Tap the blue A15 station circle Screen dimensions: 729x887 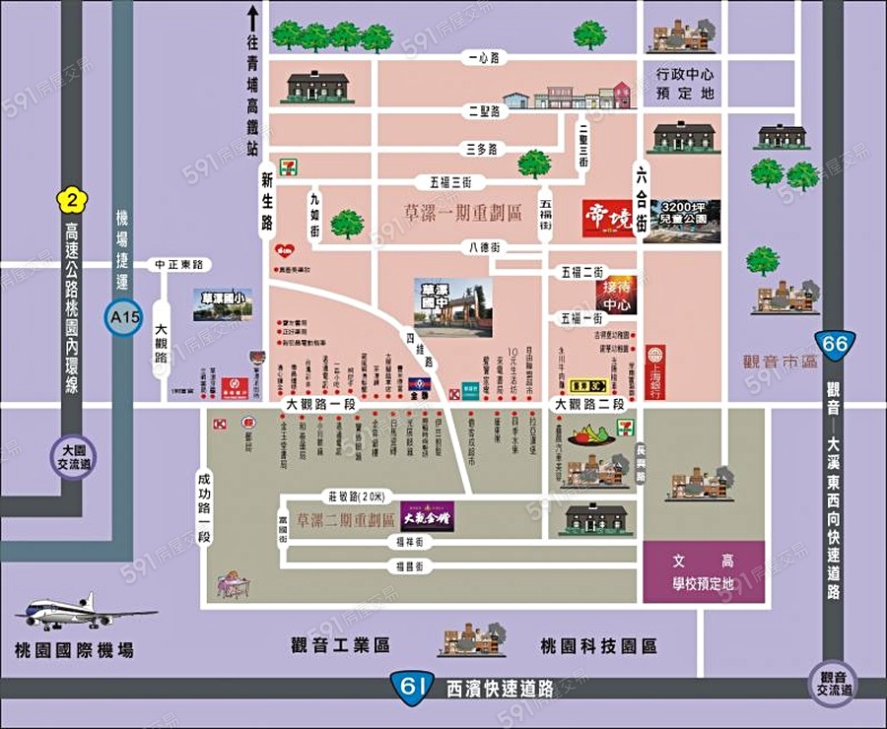pyautogui.click(x=119, y=319)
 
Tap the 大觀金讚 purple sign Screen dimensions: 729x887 pyautogui.click(x=427, y=515)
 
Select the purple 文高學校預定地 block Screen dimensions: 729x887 pyautogui.click(x=704, y=571)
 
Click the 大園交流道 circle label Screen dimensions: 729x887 pyautogui.click(x=74, y=454)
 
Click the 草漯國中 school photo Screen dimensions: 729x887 pyautogui.click(x=452, y=307)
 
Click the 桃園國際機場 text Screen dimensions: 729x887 pyautogui.click(x=75, y=651)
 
